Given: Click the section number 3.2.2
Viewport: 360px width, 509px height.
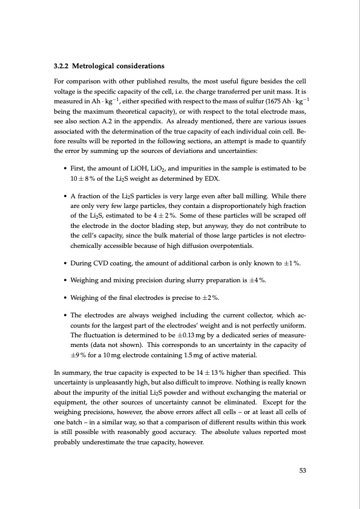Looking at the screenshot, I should pos(62,66).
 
